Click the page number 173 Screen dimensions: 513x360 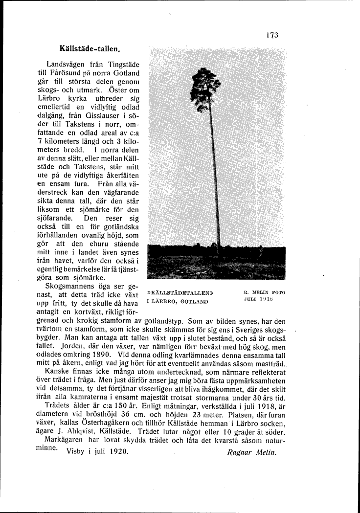coord(272,35)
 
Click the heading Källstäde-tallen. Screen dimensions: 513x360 coord(90,49)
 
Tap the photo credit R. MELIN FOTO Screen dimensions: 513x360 coord(264,292)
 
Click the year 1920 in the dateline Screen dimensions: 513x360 coord(119,451)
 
